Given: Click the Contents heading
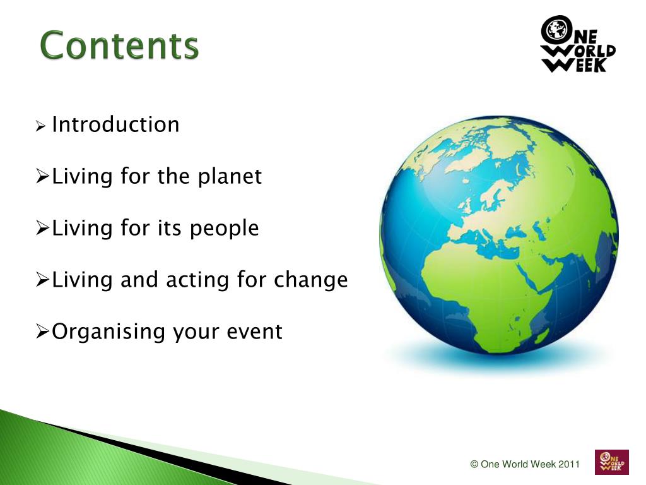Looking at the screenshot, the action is (119, 45).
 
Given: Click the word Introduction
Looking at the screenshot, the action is (116, 124).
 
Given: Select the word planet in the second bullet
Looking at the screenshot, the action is (230, 177).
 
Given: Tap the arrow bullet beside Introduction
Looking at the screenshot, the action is (40, 126).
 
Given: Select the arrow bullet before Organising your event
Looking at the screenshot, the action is (42, 331).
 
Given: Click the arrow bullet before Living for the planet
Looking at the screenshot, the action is (42, 176).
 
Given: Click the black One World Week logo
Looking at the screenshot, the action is (578, 44).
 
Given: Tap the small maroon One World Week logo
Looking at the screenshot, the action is (612, 462).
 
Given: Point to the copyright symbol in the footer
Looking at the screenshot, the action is (474, 464).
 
